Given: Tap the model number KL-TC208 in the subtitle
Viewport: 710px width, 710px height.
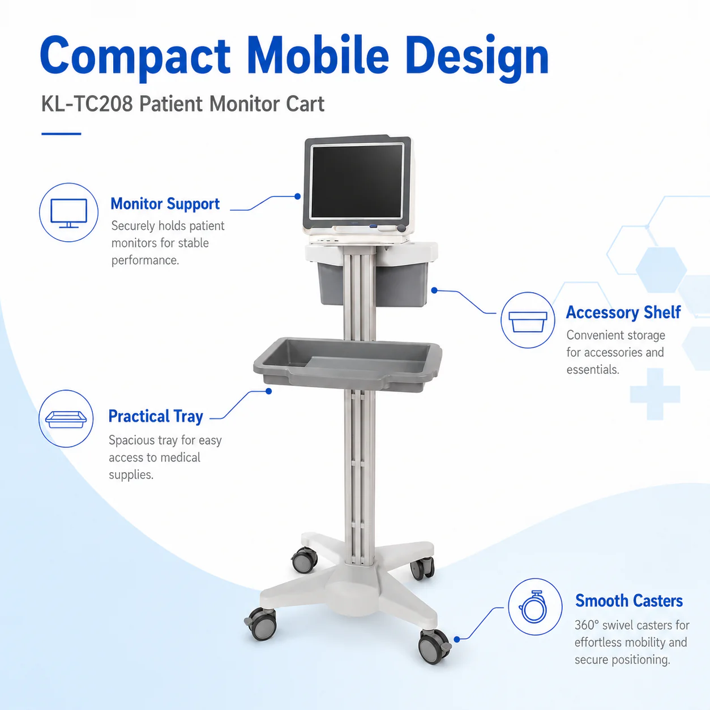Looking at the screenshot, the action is point(87,104).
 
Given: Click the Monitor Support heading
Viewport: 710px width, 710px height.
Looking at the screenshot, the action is point(165,204).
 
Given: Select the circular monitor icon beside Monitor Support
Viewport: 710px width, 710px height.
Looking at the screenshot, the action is point(69,212).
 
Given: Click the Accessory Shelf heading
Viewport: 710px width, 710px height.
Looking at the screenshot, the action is point(623,313).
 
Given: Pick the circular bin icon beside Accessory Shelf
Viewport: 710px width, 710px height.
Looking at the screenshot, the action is point(528,320).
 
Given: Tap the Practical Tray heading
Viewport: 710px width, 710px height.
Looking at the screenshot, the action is point(156,417).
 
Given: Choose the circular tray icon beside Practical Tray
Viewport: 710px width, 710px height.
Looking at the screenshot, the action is point(66,419).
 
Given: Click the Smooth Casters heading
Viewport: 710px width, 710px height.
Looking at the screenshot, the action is point(629,601).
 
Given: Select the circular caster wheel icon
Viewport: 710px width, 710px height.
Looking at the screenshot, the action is point(535,607).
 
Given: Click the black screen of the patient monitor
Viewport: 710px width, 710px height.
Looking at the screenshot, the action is point(357,182).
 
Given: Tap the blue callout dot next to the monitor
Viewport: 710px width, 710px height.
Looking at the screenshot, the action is point(298,196).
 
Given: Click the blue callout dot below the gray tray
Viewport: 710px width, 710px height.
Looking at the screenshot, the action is point(269,391).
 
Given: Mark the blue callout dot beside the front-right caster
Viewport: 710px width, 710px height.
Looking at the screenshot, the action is point(457,639).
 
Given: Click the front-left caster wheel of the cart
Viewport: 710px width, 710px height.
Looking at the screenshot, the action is point(262,624).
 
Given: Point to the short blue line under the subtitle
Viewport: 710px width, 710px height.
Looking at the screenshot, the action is point(61,134).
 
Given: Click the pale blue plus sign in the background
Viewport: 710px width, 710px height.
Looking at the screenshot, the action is point(655,394).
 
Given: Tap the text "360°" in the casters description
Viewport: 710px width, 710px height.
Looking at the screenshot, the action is point(587,625).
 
